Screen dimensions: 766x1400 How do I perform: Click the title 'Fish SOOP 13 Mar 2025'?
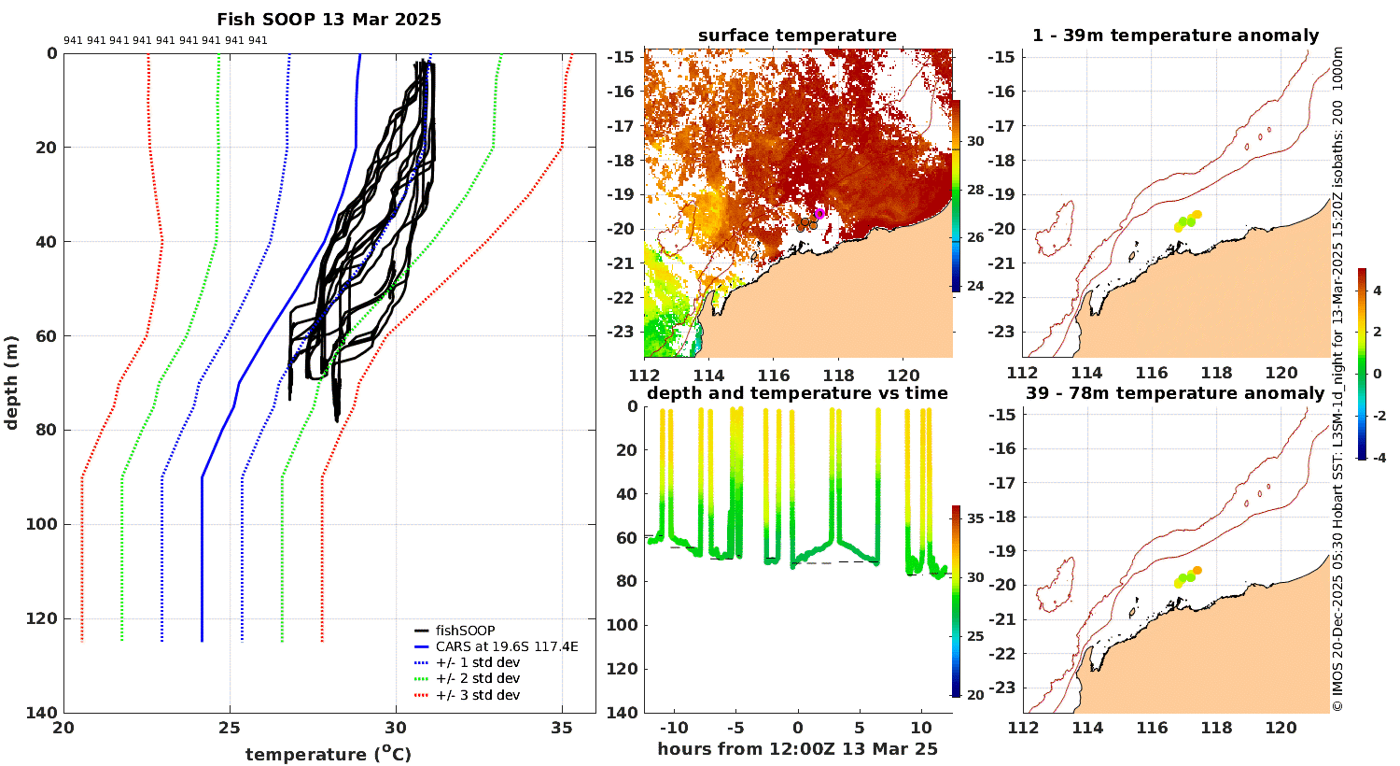tap(329, 20)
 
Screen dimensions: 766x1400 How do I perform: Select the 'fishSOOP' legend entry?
tap(465, 631)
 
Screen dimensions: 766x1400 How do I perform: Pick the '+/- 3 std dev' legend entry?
tap(477, 695)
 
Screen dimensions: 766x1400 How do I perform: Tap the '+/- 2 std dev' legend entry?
tap(477, 679)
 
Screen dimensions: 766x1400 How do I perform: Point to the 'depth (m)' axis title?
tap(12, 382)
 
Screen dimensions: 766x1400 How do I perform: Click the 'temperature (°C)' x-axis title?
tap(328, 754)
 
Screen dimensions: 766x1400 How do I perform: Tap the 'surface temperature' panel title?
tap(797, 35)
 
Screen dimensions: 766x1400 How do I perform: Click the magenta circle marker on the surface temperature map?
tap(819, 213)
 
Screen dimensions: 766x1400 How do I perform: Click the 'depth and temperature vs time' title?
tap(797, 393)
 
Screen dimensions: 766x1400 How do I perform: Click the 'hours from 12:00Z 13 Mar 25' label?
tap(797, 749)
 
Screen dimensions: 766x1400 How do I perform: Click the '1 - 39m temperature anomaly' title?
tap(1175, 35)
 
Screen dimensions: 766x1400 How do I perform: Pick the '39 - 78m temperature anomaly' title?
tap(1175, 393)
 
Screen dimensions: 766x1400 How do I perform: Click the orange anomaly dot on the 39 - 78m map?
tap(1197, 570)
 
